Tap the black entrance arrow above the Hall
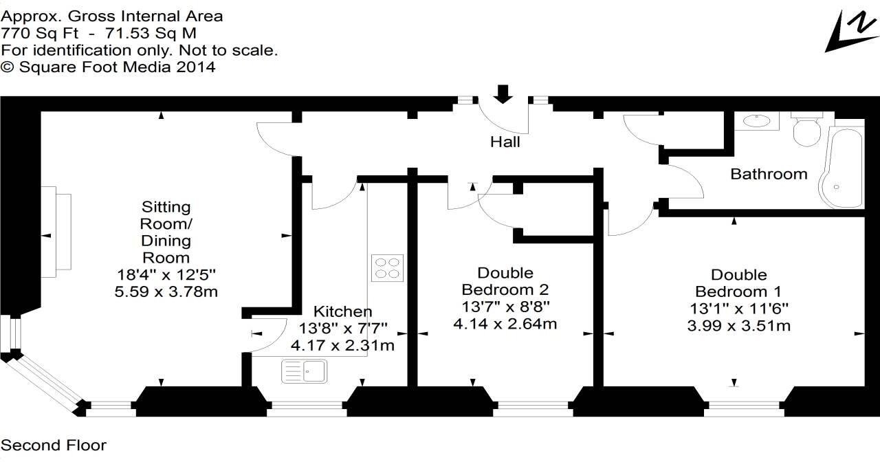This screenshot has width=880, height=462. point(503,93)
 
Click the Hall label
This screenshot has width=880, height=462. point(505,142)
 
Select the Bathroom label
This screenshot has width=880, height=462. point(769,174)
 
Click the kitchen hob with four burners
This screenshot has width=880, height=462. point(387,267)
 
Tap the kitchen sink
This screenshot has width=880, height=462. point(305,371)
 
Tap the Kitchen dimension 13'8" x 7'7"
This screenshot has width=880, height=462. point(344,329)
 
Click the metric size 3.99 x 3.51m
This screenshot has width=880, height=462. point(739,325)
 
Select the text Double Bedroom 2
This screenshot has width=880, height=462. point(505,280)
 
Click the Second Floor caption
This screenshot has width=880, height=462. point(54,445)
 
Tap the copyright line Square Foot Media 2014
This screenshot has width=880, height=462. point(108,67)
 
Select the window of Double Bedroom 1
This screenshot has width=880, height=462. point(734,409)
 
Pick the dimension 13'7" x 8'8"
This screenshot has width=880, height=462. point(505,306)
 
